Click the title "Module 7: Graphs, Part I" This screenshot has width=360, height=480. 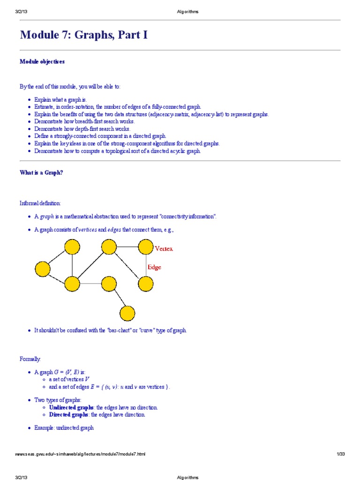83,35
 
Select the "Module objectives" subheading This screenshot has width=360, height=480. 42,61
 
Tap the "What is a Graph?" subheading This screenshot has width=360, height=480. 41,172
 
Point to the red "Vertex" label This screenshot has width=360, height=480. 164,249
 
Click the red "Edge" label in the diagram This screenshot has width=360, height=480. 154,267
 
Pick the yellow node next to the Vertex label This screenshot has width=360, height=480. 145,247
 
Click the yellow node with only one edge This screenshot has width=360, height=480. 127,313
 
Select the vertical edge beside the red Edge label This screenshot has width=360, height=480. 145,265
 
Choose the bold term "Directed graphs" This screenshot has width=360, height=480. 68,415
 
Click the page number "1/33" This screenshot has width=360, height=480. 340,454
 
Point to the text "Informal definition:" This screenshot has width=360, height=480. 40,203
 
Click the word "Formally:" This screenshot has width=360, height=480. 30,359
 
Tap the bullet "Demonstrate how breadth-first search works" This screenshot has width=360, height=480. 84,121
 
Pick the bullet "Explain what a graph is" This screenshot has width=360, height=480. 61,100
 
